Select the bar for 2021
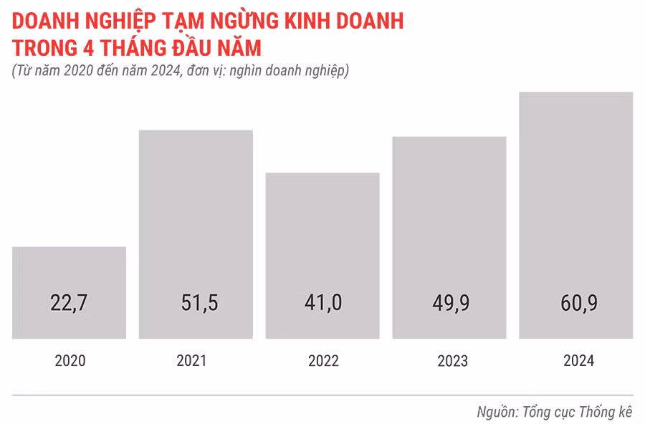pyautogui.click(x=196, y=215)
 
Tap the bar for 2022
pyautogui.click(x=322, y=236)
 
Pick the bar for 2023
pyautogui.click(x=449, y=215)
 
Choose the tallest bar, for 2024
pyautogui.click(x=576, y=193)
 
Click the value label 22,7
pyautogui.click(x=70, y=303)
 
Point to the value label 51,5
pyautogui.click(x=196, y=303)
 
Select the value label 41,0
pyautogui.click(x=322, y=303)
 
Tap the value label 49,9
pyautogui.click(x=449, y=303)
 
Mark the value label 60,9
pyautogui.click(x=576, y=303)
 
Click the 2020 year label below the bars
pyautogui.click(x=70, y=360)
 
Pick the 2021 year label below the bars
pyautogui.click(x=191, y=360)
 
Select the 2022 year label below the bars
pyautogui.click(x=323, y=360)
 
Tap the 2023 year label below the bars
pyautogui.click(x=452, y=360)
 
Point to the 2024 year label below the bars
pyautogui.click(x=579, y=360)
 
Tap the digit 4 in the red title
pyautogui.click(x=89, y=48)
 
